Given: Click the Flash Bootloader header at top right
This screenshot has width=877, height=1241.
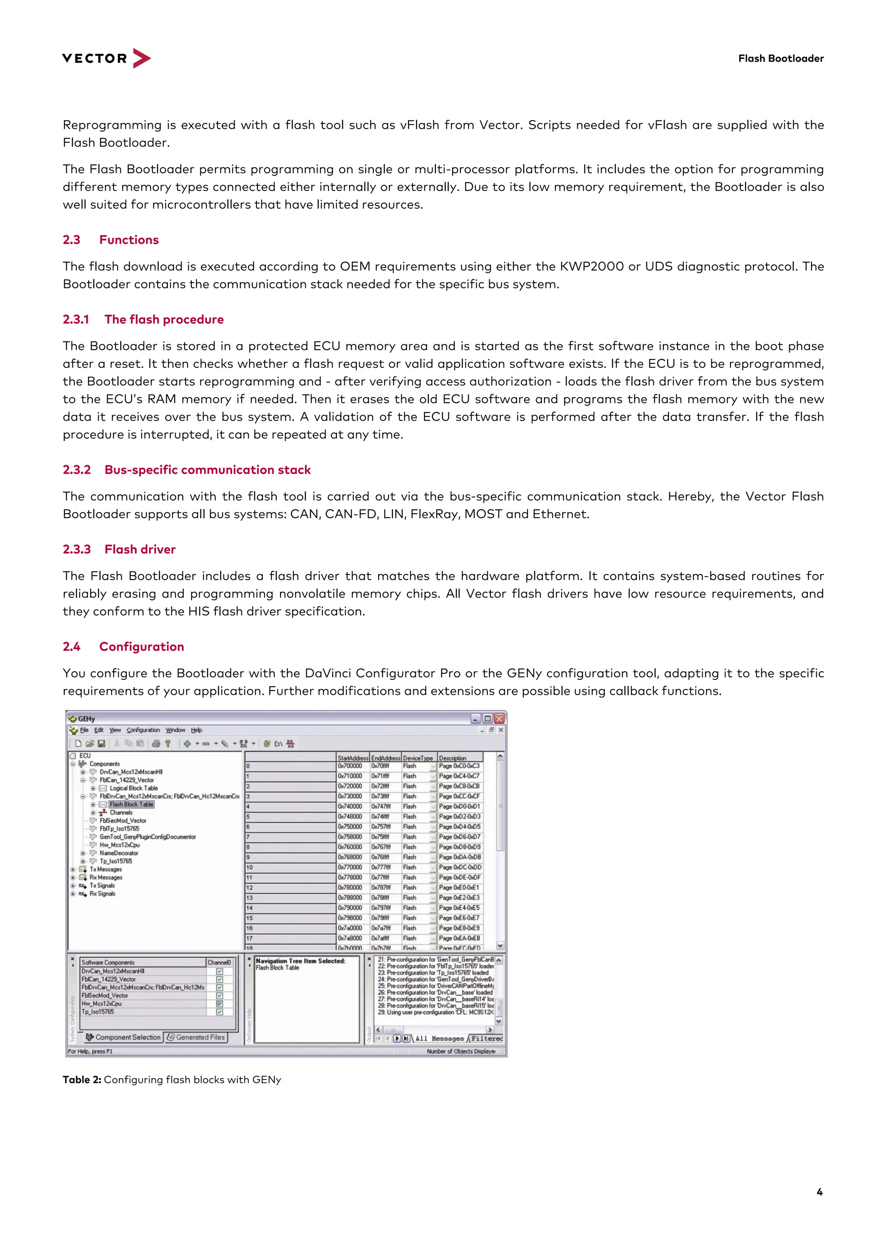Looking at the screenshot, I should pyautogui.click(x=780, y=58).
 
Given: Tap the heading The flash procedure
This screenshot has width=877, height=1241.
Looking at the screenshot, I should pyautogui.click(x=164, y=320).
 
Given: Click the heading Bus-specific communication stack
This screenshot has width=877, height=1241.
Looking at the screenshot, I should pyautogui.click(x=208, y=469).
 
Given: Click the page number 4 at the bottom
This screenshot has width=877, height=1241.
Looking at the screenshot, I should pyautogui.click(x=819, y=1192).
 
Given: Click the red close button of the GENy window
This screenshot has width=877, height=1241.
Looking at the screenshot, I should pyautogui.click(x=499, y=718).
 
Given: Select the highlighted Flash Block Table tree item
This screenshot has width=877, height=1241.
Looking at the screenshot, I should pyautogui.click(x=131, y=804).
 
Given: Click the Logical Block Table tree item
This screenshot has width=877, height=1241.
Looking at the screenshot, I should pyautogui.click(x=134, y=788).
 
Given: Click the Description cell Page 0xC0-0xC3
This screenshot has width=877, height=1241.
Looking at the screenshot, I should pyautogui.click(x=459, y=766).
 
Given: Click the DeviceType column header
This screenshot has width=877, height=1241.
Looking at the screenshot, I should pyautogui.click(x=418, y=758).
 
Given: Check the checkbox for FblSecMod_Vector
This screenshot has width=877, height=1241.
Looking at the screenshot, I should pyautogui.click(x=219, y=995).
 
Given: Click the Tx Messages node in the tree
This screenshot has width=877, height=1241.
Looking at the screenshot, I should pyautogui.click(x=105, y=869).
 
